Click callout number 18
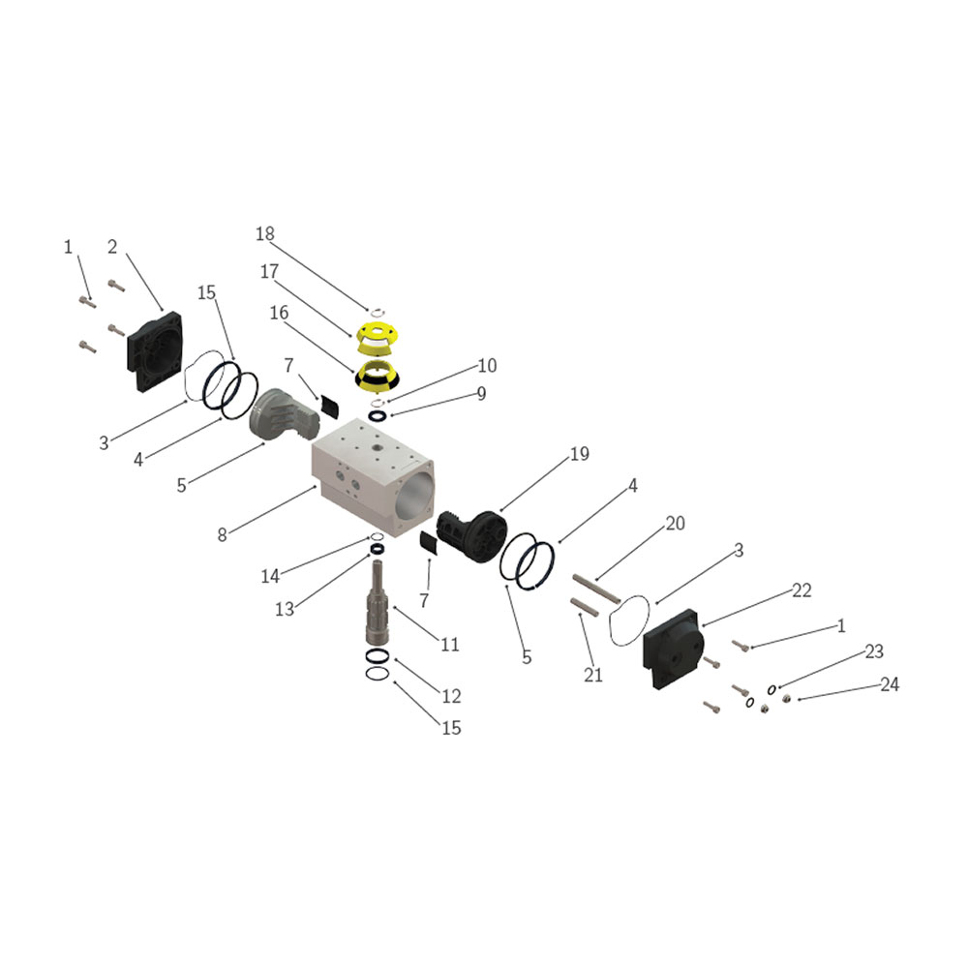tap(265, 234)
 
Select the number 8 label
tap(223, 534)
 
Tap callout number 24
tap(890, 684)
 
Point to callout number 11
tap(450, 645)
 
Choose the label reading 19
tap(580, 454)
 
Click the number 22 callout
tap(802, 590)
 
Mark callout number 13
tap(285, 609)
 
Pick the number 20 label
tap(676, 524)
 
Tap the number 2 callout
tap(112, 247)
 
